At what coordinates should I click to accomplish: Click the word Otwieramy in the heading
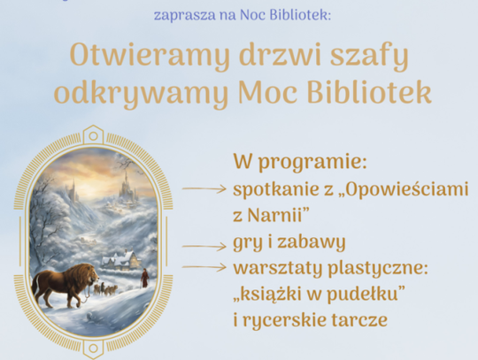[x=150, y=56]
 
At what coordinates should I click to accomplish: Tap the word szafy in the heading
[x=369, y=56]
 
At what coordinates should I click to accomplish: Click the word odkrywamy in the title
[x=141, y=93]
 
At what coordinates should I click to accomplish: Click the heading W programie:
[x=300, y=162]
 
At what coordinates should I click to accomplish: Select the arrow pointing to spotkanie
[x=204, y=188]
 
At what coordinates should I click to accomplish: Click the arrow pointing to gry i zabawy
[x=204, y=246]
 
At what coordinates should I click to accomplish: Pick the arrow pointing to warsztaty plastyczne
[x=204, y=267]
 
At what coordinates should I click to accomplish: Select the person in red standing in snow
[x=144, y=278]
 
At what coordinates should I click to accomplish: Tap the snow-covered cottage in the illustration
[x=121, y=260]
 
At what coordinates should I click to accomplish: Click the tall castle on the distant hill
[x=125, y=185]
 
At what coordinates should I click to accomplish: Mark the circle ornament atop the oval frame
[x=94, y=136]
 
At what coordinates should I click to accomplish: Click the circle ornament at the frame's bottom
[x=94, y=349]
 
